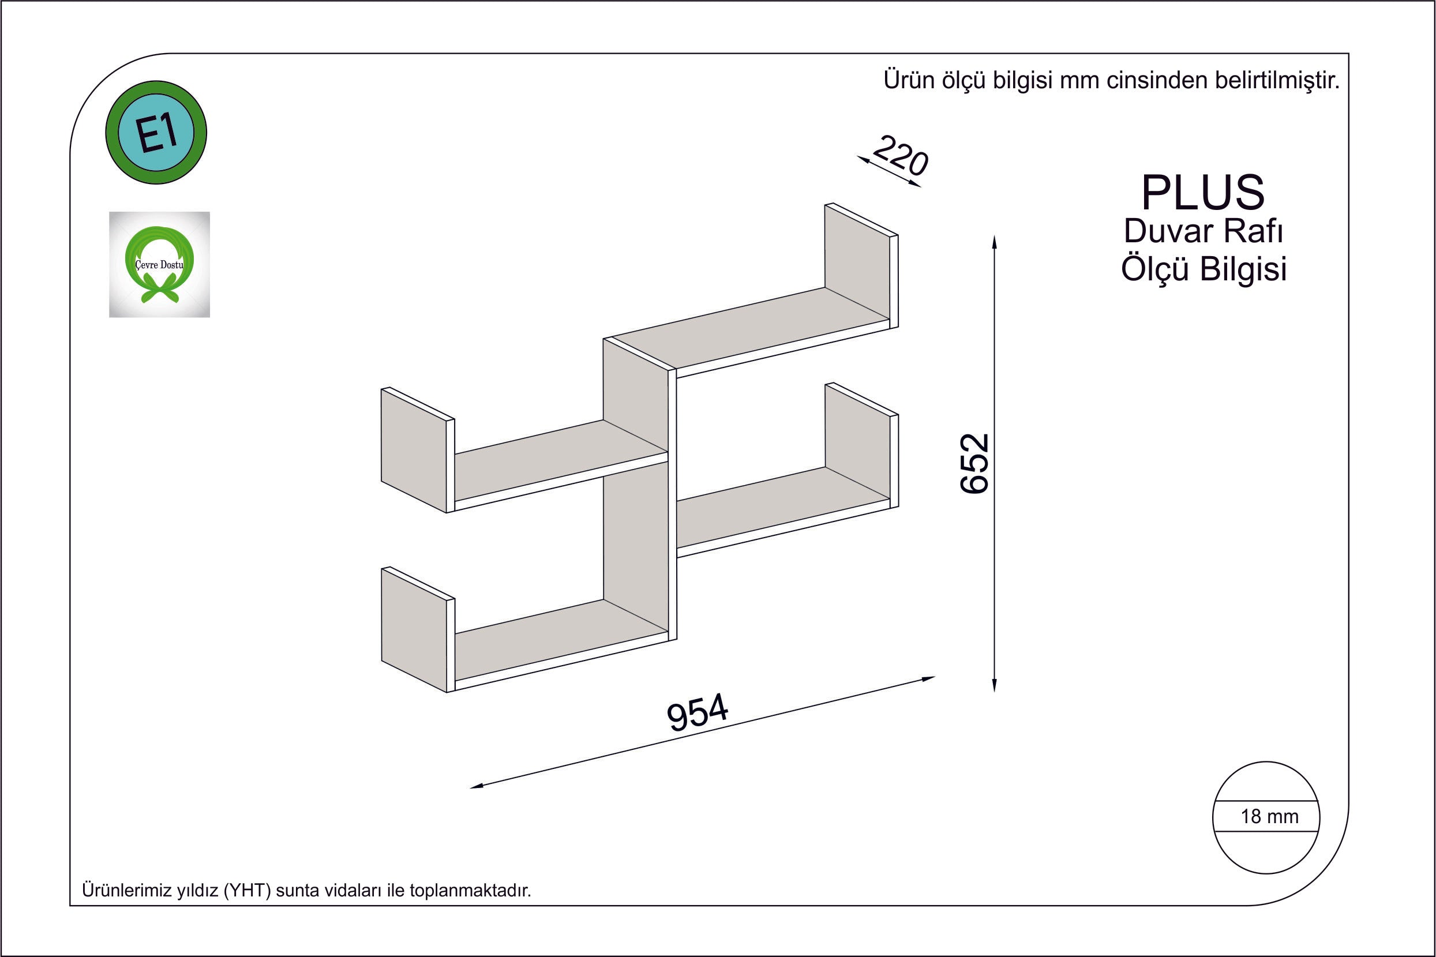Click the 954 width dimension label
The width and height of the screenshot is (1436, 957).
[698, 712]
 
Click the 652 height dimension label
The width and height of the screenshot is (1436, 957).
[974, 463]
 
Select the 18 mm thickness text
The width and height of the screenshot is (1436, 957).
[1269, 816]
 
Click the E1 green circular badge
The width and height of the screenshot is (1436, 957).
[156, 133]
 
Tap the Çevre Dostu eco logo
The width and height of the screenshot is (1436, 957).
[159, 264]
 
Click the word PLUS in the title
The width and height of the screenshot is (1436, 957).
[1203, 192]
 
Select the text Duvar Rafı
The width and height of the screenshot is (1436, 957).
[1203, 231]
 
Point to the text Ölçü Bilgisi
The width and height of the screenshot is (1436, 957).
[1203, 269]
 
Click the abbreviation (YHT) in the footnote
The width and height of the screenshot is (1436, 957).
[247, 891]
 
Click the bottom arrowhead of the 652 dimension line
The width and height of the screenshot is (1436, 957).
[994, 685]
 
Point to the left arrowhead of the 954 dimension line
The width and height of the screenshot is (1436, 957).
[477, 786]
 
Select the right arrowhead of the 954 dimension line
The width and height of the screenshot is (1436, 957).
[928, 678]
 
